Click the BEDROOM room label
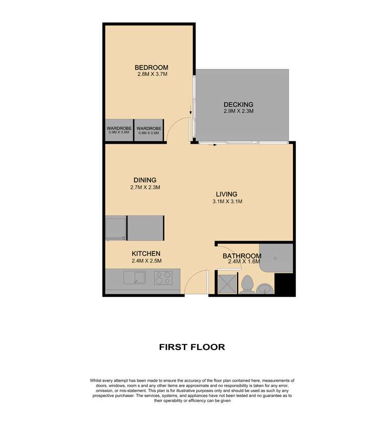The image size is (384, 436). point(151,68)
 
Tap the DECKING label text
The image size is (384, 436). point(238,104)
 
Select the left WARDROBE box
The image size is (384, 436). point(119,131)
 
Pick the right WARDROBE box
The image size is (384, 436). point(149,131)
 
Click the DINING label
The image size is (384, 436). point(145,180)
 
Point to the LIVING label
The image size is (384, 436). point(226,194)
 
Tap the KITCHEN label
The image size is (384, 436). point(146,253)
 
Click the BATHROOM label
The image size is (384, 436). point(242,256)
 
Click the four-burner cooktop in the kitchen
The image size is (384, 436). point(164,278)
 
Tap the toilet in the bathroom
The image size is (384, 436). point(247,285)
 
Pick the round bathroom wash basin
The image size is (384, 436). point(265,288)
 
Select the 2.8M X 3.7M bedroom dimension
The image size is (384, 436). point(153,75)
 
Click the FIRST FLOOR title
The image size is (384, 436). point(192,347)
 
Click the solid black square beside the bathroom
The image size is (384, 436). point(286,285)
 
